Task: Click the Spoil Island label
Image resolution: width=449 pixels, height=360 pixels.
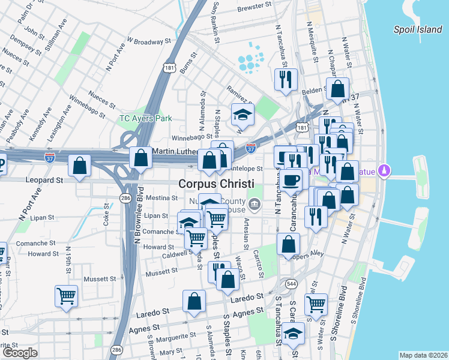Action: (x=417, y=29)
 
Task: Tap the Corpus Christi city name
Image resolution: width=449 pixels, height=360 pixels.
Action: (x=215, y=184)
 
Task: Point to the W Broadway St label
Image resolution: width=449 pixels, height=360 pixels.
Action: (x=148, y=43)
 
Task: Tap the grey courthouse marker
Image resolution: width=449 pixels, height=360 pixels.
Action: (x=255, y=205)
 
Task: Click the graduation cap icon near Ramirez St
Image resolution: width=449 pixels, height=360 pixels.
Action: (x=243, y=113)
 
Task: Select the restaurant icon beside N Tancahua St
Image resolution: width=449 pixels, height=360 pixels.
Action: (x=285, y=79)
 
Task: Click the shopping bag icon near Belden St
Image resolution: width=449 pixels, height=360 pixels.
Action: (x=338, y=89)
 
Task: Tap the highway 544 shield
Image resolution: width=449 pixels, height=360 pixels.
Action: (x=292, y=283)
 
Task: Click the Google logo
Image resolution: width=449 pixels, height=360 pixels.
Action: (x=20, y=353)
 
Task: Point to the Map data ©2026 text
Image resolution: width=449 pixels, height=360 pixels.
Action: (x=423, y=355)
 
